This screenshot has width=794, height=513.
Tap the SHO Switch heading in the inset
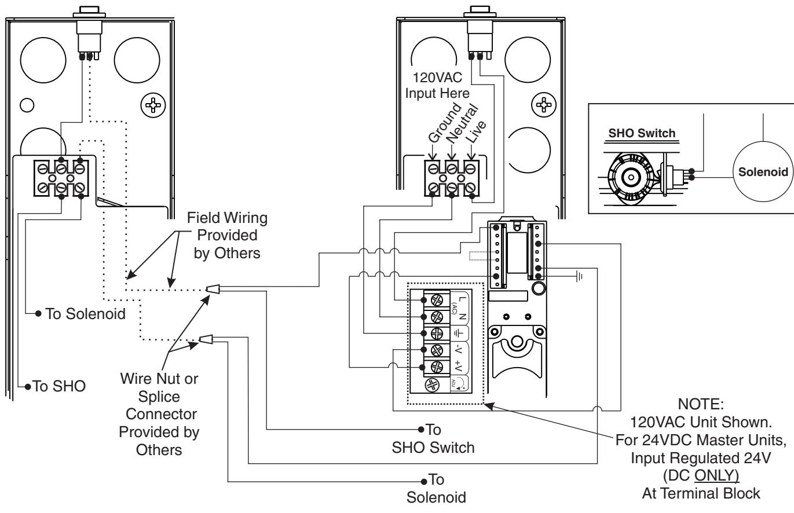point(642,133)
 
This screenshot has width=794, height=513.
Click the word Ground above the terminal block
point(445,123)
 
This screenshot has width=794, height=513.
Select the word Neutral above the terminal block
point(463,123)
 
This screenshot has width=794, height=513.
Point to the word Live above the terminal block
point(476,131)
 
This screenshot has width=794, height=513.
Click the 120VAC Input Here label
point(437,85)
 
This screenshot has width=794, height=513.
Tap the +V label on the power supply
point(458,366)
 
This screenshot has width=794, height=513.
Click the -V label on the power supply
point(458,349)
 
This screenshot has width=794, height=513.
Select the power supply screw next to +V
point(436,367)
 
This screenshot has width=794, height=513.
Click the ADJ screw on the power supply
point(432,384)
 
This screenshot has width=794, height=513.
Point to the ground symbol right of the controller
point(579,276)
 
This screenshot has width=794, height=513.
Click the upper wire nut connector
point(213,289)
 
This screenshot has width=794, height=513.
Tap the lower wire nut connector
point(206,339)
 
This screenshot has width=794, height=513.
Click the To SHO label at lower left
point(59,386)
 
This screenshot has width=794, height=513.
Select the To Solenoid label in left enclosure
point(86,314)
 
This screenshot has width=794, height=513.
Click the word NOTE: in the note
point(701,404)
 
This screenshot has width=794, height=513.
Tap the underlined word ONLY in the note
point(716,475)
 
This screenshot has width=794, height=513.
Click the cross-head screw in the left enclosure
point(153,105)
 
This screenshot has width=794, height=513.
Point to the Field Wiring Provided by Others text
point(227,235)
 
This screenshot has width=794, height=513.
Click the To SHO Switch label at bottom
point(433,439)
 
